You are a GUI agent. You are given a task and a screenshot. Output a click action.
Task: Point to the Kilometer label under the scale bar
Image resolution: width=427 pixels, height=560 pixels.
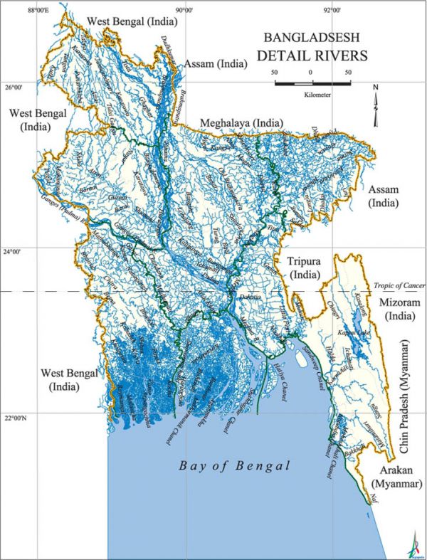point(312,93)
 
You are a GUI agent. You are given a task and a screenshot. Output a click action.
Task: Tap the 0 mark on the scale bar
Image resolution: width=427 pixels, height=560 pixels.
point(311,73)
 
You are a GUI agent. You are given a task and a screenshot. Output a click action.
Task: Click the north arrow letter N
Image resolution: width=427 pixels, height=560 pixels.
point(376,88)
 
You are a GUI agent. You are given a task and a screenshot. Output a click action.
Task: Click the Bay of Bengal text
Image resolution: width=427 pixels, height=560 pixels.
point(235,467)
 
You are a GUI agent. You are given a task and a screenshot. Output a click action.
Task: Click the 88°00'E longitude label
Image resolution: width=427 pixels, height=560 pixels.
point(38,10)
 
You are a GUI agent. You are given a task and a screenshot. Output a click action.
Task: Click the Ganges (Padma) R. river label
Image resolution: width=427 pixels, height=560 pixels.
point(58,211)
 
